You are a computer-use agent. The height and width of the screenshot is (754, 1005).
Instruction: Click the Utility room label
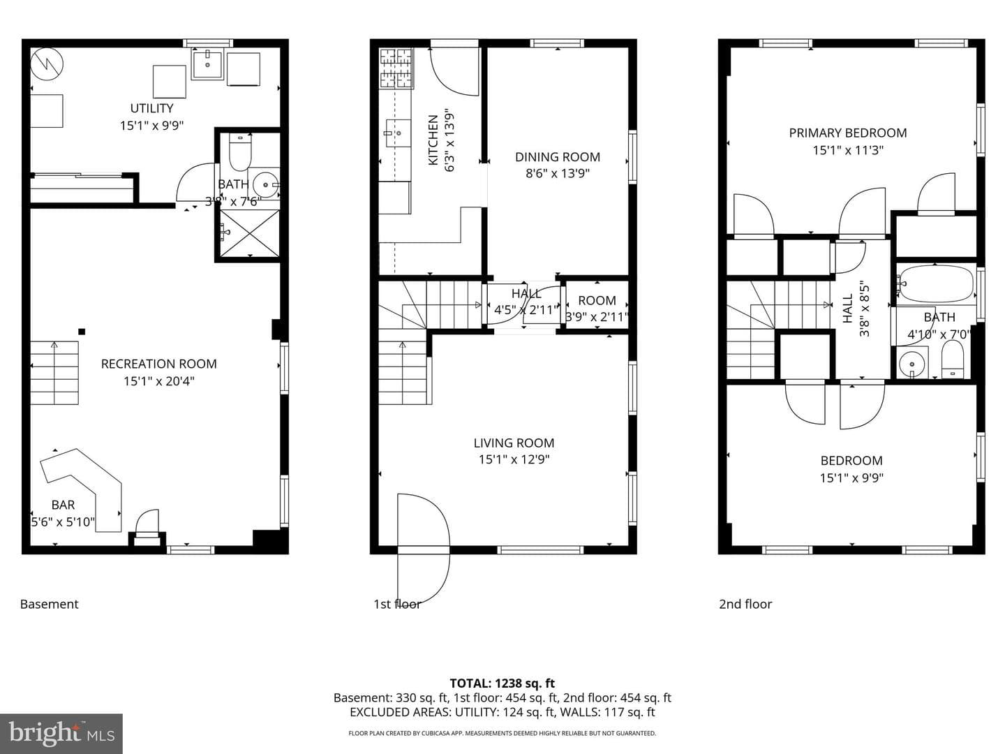pos(151,108)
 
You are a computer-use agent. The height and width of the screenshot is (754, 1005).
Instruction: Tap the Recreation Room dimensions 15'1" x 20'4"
pos(159,381)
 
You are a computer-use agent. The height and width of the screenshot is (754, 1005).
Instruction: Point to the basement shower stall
pos(250,233)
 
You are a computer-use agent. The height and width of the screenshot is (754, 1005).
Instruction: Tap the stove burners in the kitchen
pos(396,68)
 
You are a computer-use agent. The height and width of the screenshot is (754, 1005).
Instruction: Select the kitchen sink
pos(398,133)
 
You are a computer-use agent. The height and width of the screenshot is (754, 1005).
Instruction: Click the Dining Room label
pos(557,157)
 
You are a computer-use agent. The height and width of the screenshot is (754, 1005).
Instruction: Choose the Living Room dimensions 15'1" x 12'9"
pos(514,459)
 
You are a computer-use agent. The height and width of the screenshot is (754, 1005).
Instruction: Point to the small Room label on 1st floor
pos(597,300)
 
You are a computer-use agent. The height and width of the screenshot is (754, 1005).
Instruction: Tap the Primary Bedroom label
pos(847,133)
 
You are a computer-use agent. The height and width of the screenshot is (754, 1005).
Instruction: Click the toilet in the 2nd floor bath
pos(953,360)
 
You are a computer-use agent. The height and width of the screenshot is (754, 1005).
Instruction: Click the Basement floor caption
pos(50,605)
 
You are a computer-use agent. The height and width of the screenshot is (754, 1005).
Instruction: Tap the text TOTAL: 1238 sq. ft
pos(502,683)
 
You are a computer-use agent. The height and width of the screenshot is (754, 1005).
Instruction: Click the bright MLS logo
pos(61,733)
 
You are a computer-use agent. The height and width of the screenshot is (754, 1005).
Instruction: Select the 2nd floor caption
pos(745,605)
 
